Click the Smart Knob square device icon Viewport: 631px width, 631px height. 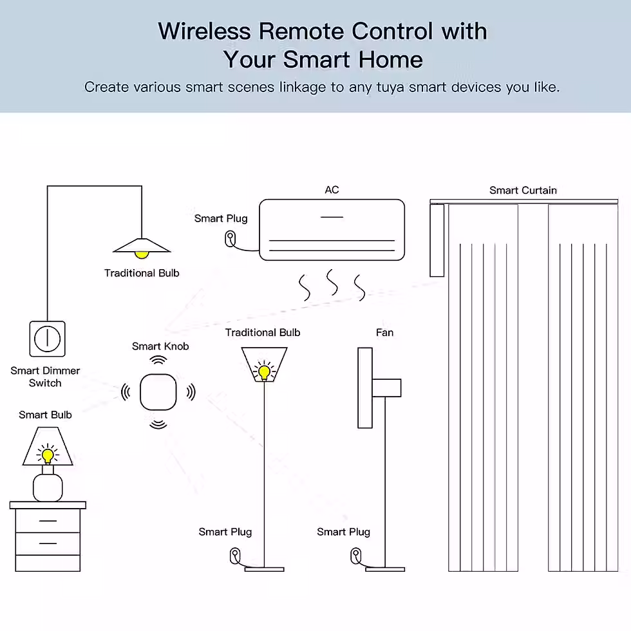(158, 391)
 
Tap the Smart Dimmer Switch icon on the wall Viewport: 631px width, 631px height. (47, 338)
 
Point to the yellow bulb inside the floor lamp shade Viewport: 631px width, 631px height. (263, 371)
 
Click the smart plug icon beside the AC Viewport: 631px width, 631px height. (230, 239)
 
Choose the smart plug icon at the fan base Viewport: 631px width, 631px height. (355, 555)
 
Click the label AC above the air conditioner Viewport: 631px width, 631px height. (332, 190)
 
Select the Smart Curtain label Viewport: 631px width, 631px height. (523, 190)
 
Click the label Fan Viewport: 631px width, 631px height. (384, 332)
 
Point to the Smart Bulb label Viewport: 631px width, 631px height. (45, 415)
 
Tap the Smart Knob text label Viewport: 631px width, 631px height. (160, 346)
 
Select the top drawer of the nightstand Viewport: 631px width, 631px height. (48, 520)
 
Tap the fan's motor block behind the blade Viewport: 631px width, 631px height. (386, 388)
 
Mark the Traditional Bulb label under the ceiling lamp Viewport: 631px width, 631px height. (142, 273)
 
